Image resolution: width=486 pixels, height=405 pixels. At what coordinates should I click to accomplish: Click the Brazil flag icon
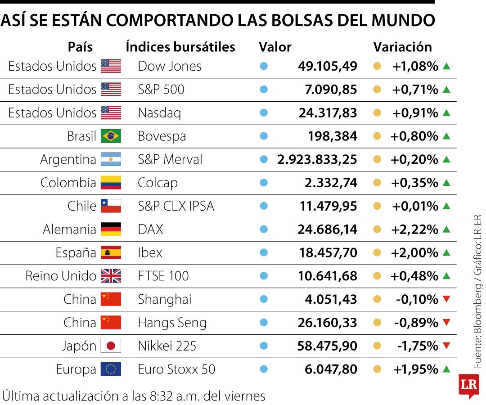click(x=111, y=136)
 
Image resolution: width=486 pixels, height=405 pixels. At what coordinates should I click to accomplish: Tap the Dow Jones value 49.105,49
click(x=327, y=66)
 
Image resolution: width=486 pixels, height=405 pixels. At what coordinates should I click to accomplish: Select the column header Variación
click(x=402, y=47)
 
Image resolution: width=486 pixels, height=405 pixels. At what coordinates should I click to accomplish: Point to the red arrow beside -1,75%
click(x=446, y=346)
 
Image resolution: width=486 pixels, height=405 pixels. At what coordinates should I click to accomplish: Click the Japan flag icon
click(x=111, y=346)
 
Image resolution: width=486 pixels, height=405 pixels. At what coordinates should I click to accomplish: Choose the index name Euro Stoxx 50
click(x=176, y=369)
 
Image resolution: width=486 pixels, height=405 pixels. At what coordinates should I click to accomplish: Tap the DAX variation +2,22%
click(x=414, y=229)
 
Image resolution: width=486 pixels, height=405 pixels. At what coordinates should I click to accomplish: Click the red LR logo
click(x=468, y=386)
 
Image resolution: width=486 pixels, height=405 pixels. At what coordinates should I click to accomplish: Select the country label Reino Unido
click(x=61, y=276)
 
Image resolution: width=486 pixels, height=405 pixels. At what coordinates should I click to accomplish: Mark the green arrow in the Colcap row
click(x=446, y=183)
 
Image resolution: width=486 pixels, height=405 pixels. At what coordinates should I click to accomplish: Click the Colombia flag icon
click(x=111, y=183)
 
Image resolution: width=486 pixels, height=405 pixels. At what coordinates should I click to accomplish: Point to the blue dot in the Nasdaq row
click(x=264, y=113)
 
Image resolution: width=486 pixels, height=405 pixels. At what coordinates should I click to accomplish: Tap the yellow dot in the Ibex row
click(x=377, y=253)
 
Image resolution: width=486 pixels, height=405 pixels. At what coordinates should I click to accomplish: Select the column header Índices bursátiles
click(x=180, y=47)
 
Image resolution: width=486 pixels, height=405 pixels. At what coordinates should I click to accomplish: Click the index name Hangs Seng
click(x=172, y=323)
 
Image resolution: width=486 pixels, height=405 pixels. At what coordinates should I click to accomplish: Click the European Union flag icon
click(x=111, y=369)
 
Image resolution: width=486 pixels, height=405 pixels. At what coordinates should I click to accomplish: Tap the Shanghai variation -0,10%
click(x=417, y=299)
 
